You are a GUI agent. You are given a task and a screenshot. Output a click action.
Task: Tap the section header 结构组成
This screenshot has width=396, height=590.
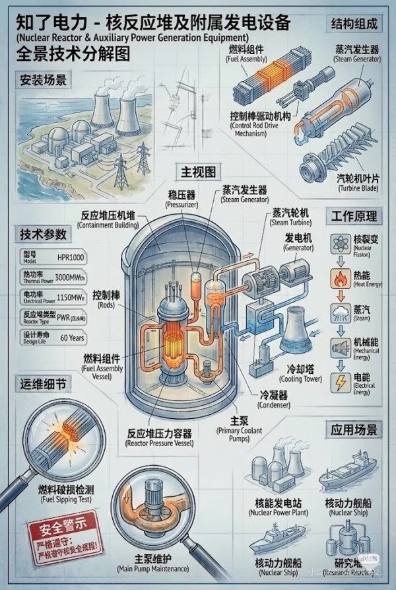click(354, 24)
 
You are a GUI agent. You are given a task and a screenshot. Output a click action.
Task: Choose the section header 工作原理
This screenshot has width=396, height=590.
click(354, 216)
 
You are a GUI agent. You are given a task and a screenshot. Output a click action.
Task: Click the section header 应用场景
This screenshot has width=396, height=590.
click(354, 430)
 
